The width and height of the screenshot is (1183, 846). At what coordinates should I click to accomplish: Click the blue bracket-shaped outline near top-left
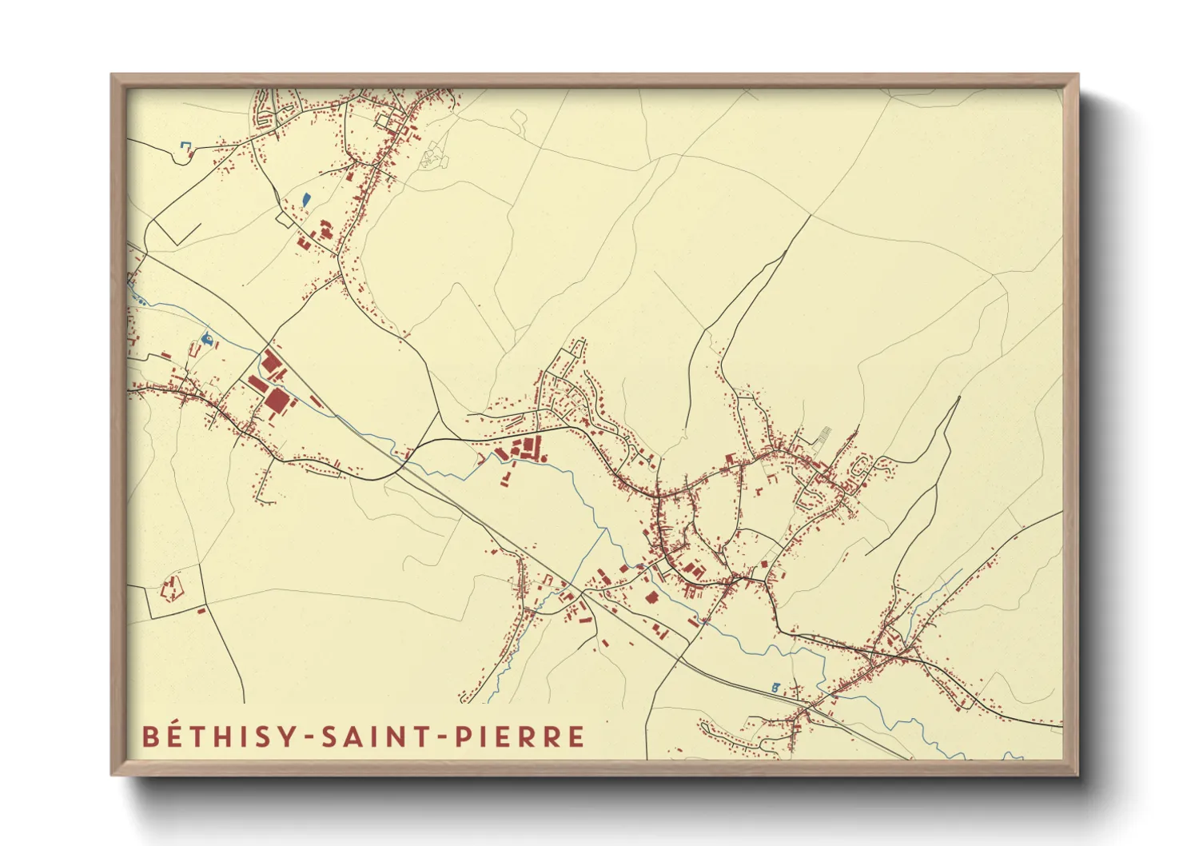coord(185,146)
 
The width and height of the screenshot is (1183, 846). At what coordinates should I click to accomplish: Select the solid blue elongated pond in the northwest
coord(305,199)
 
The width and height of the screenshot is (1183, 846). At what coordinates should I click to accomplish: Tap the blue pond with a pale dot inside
coord(208,339)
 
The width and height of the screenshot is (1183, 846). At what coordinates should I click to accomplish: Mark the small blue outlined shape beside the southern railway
coord(775,687)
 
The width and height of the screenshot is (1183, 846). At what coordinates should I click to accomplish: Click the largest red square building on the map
coord(277,400)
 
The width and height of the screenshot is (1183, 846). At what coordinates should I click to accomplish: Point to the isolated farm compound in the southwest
coord(172,590)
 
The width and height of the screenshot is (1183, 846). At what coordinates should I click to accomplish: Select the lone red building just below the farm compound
coord(201,611)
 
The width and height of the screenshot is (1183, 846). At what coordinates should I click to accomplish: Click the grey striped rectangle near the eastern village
coord(823,436)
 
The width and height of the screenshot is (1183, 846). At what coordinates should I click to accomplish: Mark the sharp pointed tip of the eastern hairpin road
coord(958,397)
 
